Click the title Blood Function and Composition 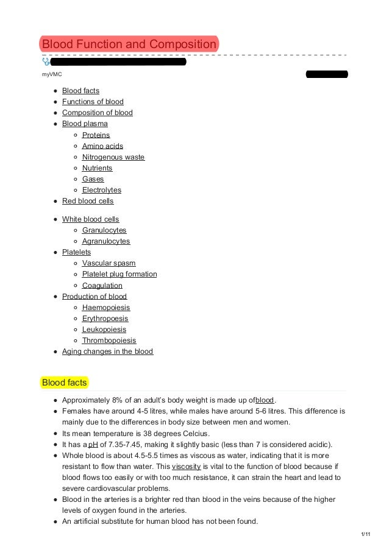click(129, 44)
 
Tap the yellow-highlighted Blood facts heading click(64, 383)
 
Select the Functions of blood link click(93, 102)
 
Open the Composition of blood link click(97, 113)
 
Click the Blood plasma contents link click(85, 124)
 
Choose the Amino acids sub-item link click(102, 146)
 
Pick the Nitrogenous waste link click(113, 157)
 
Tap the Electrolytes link click(102, 190)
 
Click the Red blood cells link click(88, 201)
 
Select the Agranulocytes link click(106, 241)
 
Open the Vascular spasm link click(109, 263)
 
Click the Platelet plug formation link click(120, 274)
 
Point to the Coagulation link click(102, 285)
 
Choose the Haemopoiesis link click(106, 308)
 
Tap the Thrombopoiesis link click(109, 340)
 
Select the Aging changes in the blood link click(107, 351)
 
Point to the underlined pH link click(94, 445)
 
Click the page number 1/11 click(365, 534)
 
